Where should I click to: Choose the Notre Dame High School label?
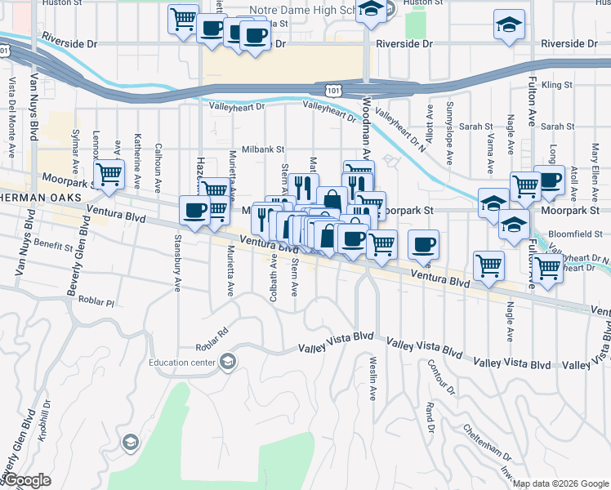pos(302,9)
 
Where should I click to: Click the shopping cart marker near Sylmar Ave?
pos(109,174)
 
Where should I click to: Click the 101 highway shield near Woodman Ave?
pos(332,87)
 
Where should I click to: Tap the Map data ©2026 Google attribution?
pos(560,483)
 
